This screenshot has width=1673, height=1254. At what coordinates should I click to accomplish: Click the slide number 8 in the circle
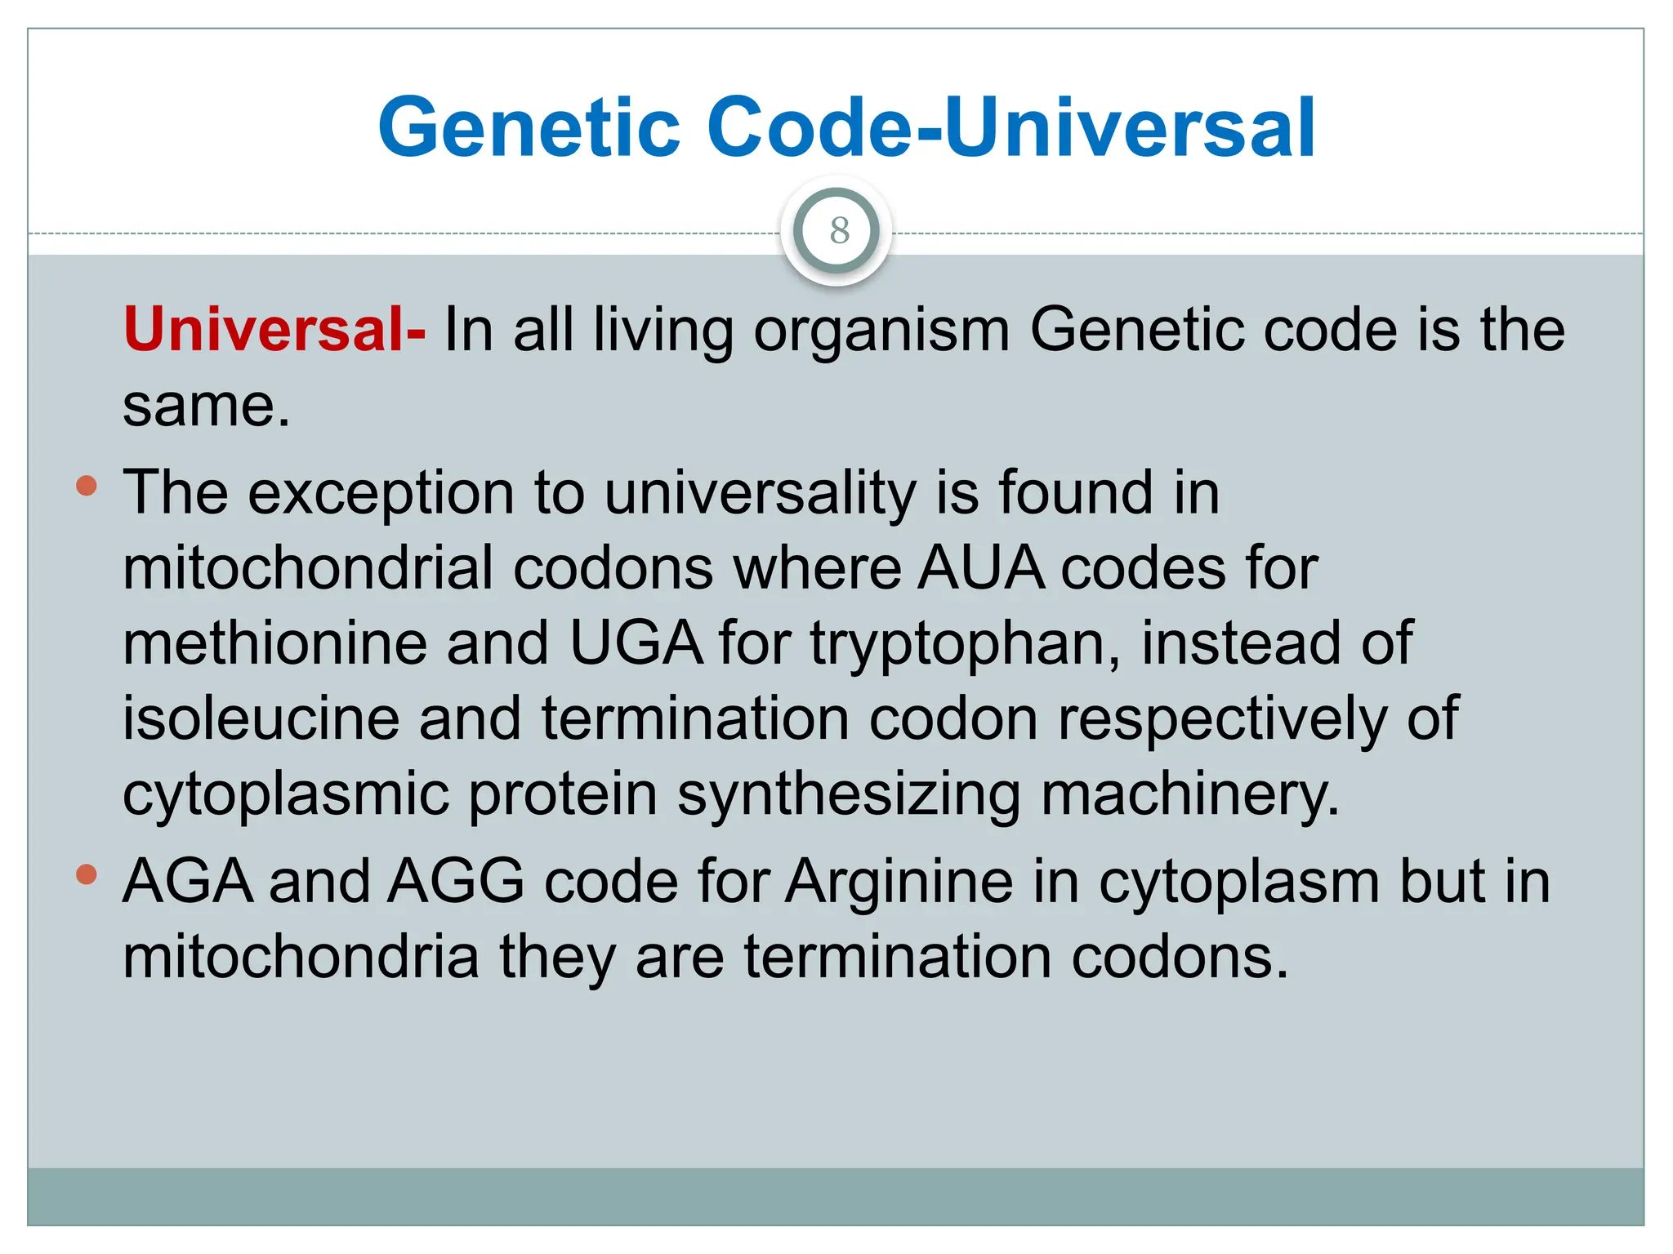(839, 231)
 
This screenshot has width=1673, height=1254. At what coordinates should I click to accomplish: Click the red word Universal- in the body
(274, 329)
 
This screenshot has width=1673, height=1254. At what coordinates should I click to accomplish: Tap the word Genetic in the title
(529, 127)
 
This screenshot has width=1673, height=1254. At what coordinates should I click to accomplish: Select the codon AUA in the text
(980, 567)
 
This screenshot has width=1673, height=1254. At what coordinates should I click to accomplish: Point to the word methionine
(274, 643)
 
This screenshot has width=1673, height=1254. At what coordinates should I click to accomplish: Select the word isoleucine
(261, 718)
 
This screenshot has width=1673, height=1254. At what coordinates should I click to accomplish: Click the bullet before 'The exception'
(86, 487)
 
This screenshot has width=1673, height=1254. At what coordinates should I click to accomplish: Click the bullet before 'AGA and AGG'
(86, 875)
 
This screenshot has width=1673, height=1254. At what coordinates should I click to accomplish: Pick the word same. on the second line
(206, 406)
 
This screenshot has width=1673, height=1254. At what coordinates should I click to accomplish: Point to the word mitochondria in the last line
(301, 957)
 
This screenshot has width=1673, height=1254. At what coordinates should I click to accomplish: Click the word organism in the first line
(881, 331)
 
